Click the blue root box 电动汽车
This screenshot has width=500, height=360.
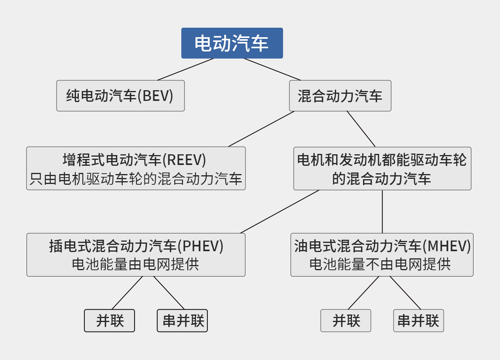point(232,43)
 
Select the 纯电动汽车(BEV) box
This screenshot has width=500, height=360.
point(120,96)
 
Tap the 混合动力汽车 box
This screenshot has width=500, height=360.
point(340,96)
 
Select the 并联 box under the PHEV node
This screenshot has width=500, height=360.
point(110,320)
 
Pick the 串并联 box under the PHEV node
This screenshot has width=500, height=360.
point(182,320)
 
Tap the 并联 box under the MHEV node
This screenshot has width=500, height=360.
point(346,320)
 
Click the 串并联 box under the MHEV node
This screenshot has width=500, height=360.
point(418,320)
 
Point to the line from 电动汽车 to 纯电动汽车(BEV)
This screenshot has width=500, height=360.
point(186,69)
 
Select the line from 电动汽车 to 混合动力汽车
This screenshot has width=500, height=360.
point(272,69)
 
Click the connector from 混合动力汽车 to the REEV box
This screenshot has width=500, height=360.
point(261,129)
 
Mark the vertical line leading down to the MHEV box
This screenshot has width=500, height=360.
point(382,212)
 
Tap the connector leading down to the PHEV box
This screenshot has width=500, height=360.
point(279,212)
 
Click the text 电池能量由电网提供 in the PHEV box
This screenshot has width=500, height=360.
point(135,264)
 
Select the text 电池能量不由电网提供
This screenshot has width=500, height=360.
point(380,264)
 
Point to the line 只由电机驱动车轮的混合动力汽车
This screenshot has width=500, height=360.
point(136,179)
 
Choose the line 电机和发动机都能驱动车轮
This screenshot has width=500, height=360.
point(382,160)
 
